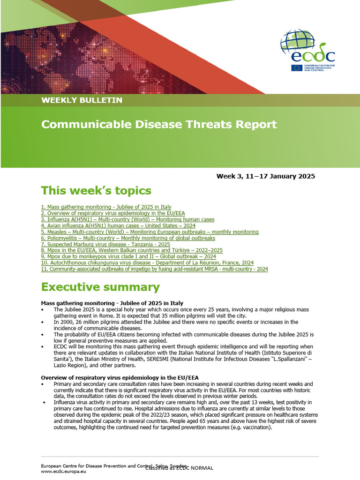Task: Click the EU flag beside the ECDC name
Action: click(x=296, y=67)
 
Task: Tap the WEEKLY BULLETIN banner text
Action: click(x=82, y=100)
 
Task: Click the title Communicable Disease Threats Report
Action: click(x=159, y=124)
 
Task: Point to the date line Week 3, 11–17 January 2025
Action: click(x=265, y=176)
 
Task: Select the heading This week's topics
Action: click(x=96, y=190)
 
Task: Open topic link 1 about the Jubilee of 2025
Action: click(x=106, y=207)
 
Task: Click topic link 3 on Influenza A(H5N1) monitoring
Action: click(x=127, y=219)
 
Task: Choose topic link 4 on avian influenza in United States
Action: click(x=118, y=225)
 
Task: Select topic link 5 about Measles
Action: click(x=150, y=232)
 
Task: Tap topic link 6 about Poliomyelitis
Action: click(x=128, y=238)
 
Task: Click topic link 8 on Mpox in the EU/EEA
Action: click(x=132, y=251)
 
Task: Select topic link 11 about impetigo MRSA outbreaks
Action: click(x=154, y=270)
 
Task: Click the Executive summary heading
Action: click(x=100, y=287)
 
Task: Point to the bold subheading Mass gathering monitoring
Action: click(x=112, y=303)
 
